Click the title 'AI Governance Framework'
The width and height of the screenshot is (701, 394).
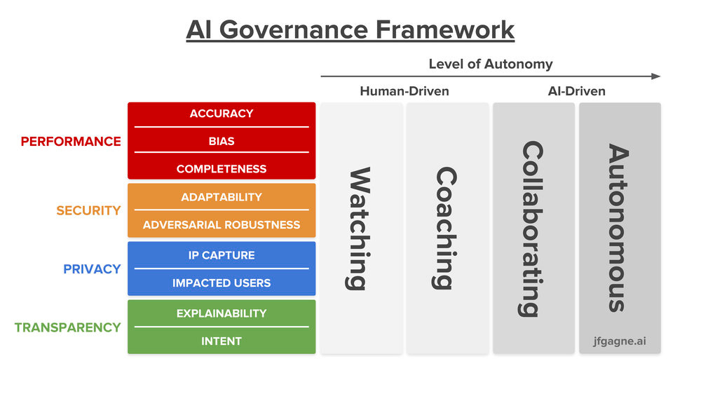point(350,30)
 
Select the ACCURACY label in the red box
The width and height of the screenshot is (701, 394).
point(222,114)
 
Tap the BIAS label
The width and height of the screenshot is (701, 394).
point(222,141)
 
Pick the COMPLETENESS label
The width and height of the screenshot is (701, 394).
point(222,169)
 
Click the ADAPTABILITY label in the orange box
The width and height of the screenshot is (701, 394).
point(222,197)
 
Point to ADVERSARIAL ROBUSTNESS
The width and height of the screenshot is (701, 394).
point(222,225)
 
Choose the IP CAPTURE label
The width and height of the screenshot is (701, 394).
point(222,255)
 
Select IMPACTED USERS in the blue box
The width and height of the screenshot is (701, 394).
point(222,283)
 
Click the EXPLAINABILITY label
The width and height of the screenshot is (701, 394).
point(222,313)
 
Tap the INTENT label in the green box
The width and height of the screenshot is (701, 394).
point(222,341)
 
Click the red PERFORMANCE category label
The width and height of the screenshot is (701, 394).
point(71,142)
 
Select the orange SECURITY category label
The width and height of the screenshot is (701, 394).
point(88,210)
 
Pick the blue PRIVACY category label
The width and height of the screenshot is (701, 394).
point(92,269)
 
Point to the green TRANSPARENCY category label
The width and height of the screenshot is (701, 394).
point(67,327)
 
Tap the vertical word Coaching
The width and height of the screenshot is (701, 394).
point(446,229)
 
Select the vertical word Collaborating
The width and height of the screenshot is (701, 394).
point(533,229)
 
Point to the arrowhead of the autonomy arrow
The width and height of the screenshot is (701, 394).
point(655,76)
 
